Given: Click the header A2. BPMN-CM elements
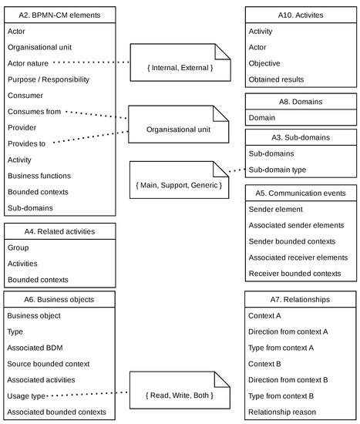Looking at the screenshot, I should point(59,15).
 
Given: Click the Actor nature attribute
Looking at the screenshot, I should point(30,63).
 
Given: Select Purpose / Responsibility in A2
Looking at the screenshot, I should point(48,79).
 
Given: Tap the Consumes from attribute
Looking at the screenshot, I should point(35,112).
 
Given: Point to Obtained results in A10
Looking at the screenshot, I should point(276,79).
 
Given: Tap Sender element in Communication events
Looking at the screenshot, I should point(277,209).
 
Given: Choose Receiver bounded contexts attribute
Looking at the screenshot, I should point(294,273).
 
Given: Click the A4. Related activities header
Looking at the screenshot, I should point(59,231).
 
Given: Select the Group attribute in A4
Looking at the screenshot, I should point(18,247).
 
